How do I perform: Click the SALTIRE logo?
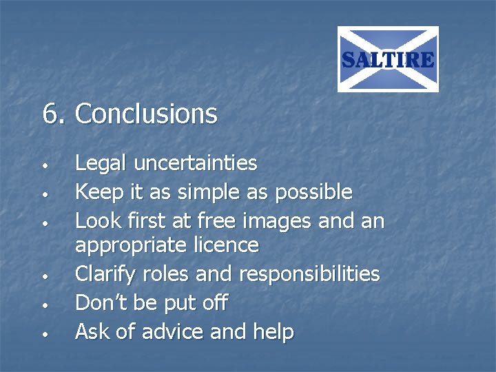click(x=388, y=59)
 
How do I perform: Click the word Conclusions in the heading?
click(x=146, y=114)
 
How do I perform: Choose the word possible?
click(x=313, y=192)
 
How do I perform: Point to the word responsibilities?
click(x=309, y=274)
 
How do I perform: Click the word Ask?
click(x=92, y=331)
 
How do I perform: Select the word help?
click(x=273, y=331)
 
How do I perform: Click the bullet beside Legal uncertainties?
click(x=43, y=167)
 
